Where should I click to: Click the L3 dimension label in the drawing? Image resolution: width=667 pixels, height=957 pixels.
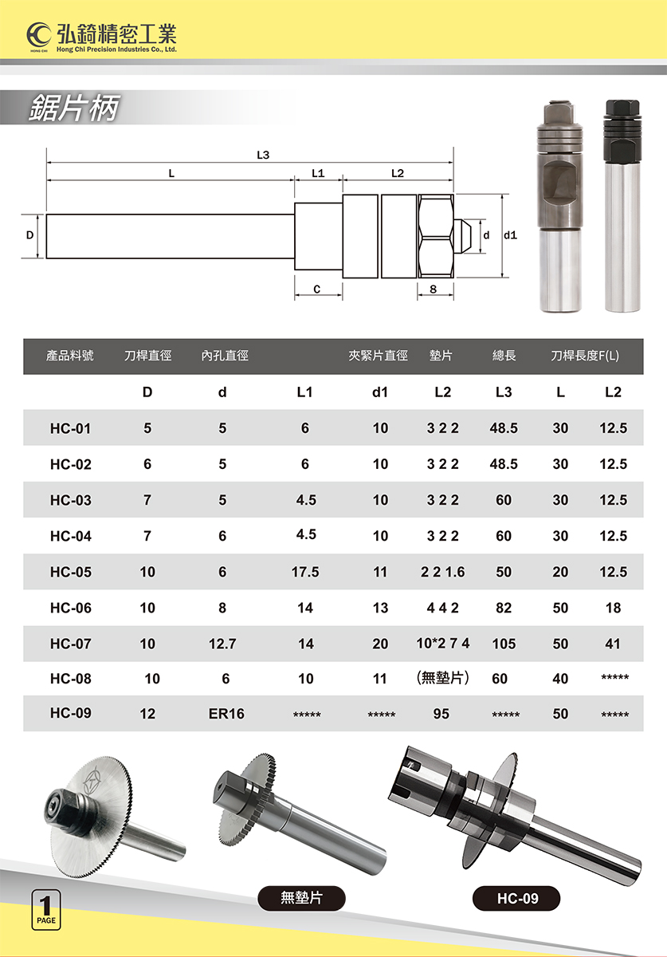point(263,155)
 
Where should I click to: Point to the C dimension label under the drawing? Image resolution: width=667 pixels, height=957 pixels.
point(317,289)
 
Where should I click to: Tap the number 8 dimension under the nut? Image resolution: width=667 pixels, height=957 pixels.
point(434,289)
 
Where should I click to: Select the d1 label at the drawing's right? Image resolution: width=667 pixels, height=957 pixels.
point(510,235)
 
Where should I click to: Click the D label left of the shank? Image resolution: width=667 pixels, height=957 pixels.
point(30,235)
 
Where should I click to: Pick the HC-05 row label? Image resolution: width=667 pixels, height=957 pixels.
point(71,572)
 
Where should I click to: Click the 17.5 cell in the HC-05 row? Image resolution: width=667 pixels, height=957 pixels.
point(305,572)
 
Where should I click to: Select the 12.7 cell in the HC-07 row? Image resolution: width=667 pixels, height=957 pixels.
point(222,644)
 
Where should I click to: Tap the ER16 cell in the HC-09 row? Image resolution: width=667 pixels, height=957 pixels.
point(226,714)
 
